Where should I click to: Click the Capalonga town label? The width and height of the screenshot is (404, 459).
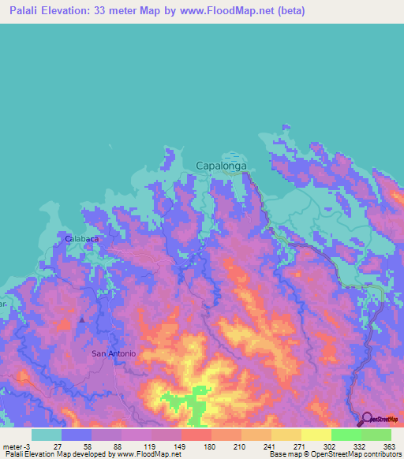click(x=222, y=166)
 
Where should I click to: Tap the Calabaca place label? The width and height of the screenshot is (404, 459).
click(x=80, y=237)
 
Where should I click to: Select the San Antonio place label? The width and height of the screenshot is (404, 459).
click(x=114, y=353)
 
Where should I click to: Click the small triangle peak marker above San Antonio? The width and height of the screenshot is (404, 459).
click(x=82, y=319)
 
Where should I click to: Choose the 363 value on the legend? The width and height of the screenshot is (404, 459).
click(x=388, y=446)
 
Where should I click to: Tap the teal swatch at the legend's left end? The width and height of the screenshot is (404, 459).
click(x=47, y=435)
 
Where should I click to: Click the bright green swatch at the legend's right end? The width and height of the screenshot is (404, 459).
click(x=376, y=435)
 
